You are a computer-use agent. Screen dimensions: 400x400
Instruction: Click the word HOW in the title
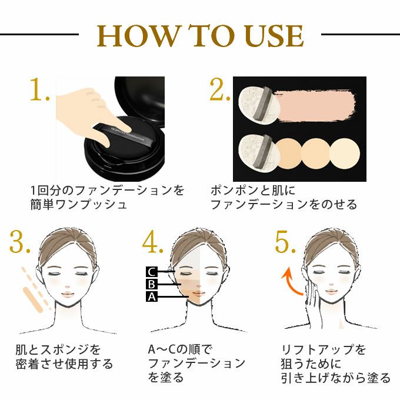click(x=137, y=35)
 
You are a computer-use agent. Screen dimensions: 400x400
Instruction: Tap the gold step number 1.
click(x=39, y=89)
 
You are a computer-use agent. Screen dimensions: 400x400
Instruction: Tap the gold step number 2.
click(x=219, y=89)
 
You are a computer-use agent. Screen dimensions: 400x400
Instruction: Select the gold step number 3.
click(x=20, y=241)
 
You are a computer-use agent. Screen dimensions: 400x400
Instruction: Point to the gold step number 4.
click(x=152, y=241)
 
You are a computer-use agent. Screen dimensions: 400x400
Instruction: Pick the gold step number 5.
click(x=285, y=241)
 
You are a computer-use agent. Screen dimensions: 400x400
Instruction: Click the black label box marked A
click(x=152, y=296)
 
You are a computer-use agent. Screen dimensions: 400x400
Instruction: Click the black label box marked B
click(x=152, y=284)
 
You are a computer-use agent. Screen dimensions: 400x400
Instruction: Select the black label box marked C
click(x=152, y=272)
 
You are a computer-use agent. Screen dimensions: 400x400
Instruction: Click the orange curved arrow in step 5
click(x=291, y=280)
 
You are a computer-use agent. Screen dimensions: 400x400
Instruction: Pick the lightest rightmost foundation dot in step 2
click(x=344, y=154)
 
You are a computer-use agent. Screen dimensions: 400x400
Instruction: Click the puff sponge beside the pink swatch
click(x=259, y=105)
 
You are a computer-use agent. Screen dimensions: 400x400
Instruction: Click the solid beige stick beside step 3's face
click(x=33, y=300)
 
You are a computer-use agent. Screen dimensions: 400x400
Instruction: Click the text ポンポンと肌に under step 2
click(x=253, y=191)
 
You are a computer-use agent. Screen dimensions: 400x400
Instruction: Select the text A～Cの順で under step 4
click(x=180, y=349)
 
